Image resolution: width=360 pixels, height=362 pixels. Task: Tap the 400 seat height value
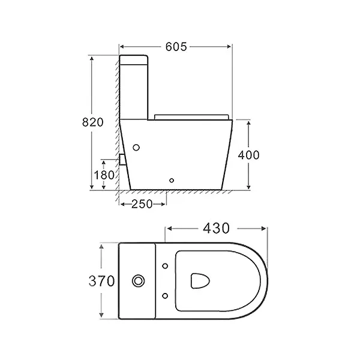248,154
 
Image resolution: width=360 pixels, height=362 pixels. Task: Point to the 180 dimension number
103,175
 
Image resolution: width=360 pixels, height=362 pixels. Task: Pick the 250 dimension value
142,204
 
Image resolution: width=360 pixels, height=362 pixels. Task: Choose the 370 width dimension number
101,280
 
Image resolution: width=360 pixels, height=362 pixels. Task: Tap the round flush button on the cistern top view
139,280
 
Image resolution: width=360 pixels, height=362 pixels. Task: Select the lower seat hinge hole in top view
165,294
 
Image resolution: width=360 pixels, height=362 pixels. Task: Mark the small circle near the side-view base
172,179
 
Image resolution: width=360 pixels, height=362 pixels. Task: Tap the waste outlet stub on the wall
122,159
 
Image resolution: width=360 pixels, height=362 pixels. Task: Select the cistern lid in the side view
134,59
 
